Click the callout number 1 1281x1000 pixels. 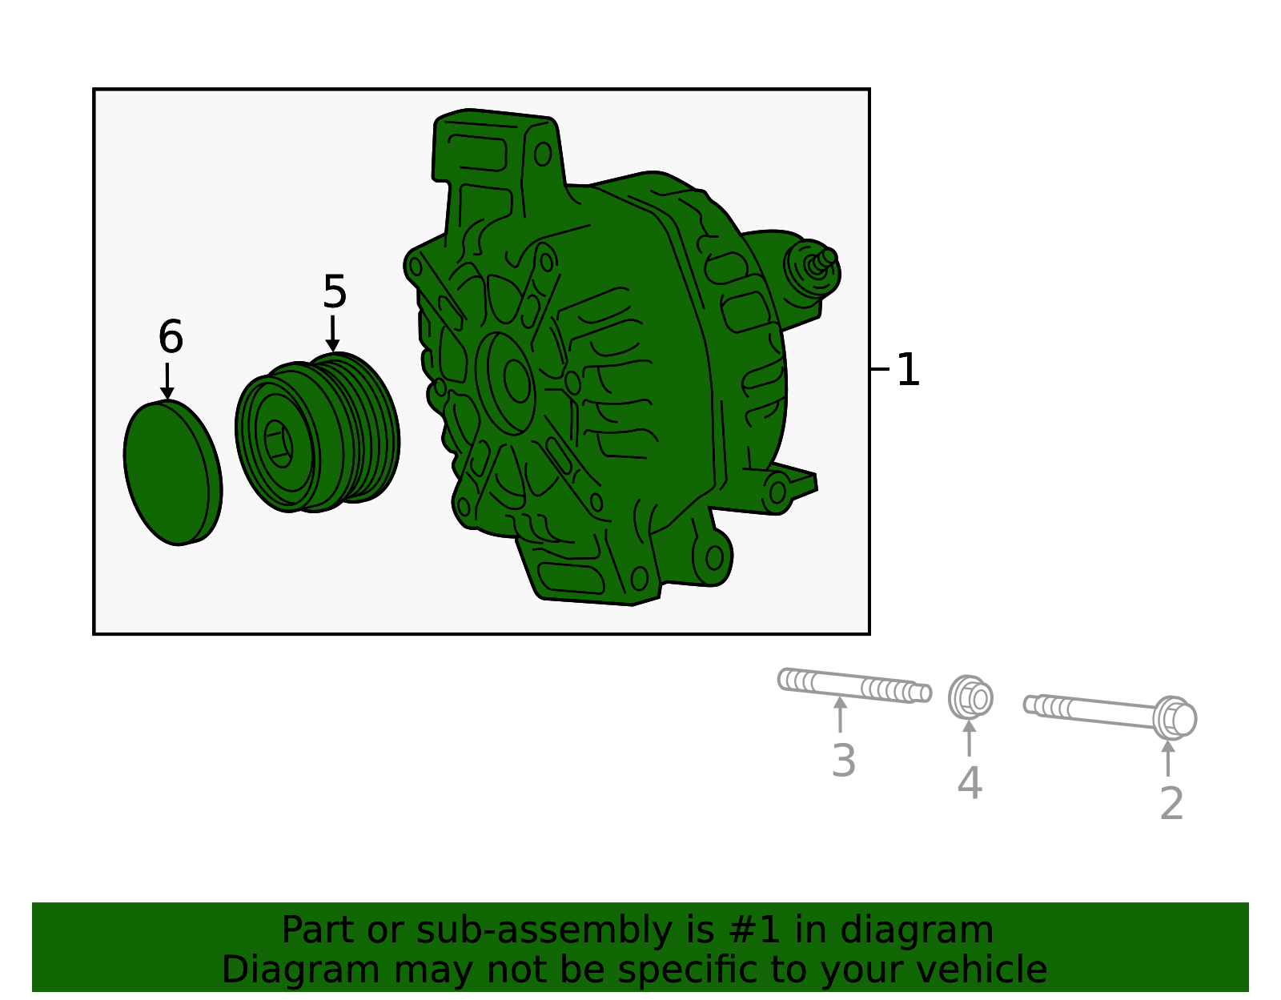pyautogui.click(x=908, y=370)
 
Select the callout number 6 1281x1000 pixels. pyautogui.click(x=171, y=337)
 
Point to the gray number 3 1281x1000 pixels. pyautogui.click(x=843, y=761)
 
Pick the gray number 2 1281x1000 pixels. pyautogui.click(x=1171, y=803)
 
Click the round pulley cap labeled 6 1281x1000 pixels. pyautogui.click(x=172, y=473)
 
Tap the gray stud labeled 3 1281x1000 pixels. pyautogui.click(x=853, y=686)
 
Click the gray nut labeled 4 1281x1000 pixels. pyautogui.click(x=971, y=698)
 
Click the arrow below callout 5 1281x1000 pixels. pyautogui.click(x=332, y=333)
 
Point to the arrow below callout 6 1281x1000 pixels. pyautogui.click(x=167, y=381)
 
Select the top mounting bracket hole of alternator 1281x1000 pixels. pyautogui.click(x=543, y=154)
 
